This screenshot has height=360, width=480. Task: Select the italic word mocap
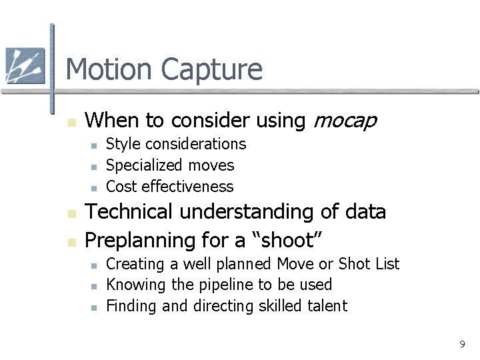click(x=345, y=121)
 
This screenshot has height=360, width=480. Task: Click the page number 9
click(x=461, y=344)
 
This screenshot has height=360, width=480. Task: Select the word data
click(x=365, y=212)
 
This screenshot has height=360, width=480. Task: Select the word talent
click(x=326, y=306)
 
